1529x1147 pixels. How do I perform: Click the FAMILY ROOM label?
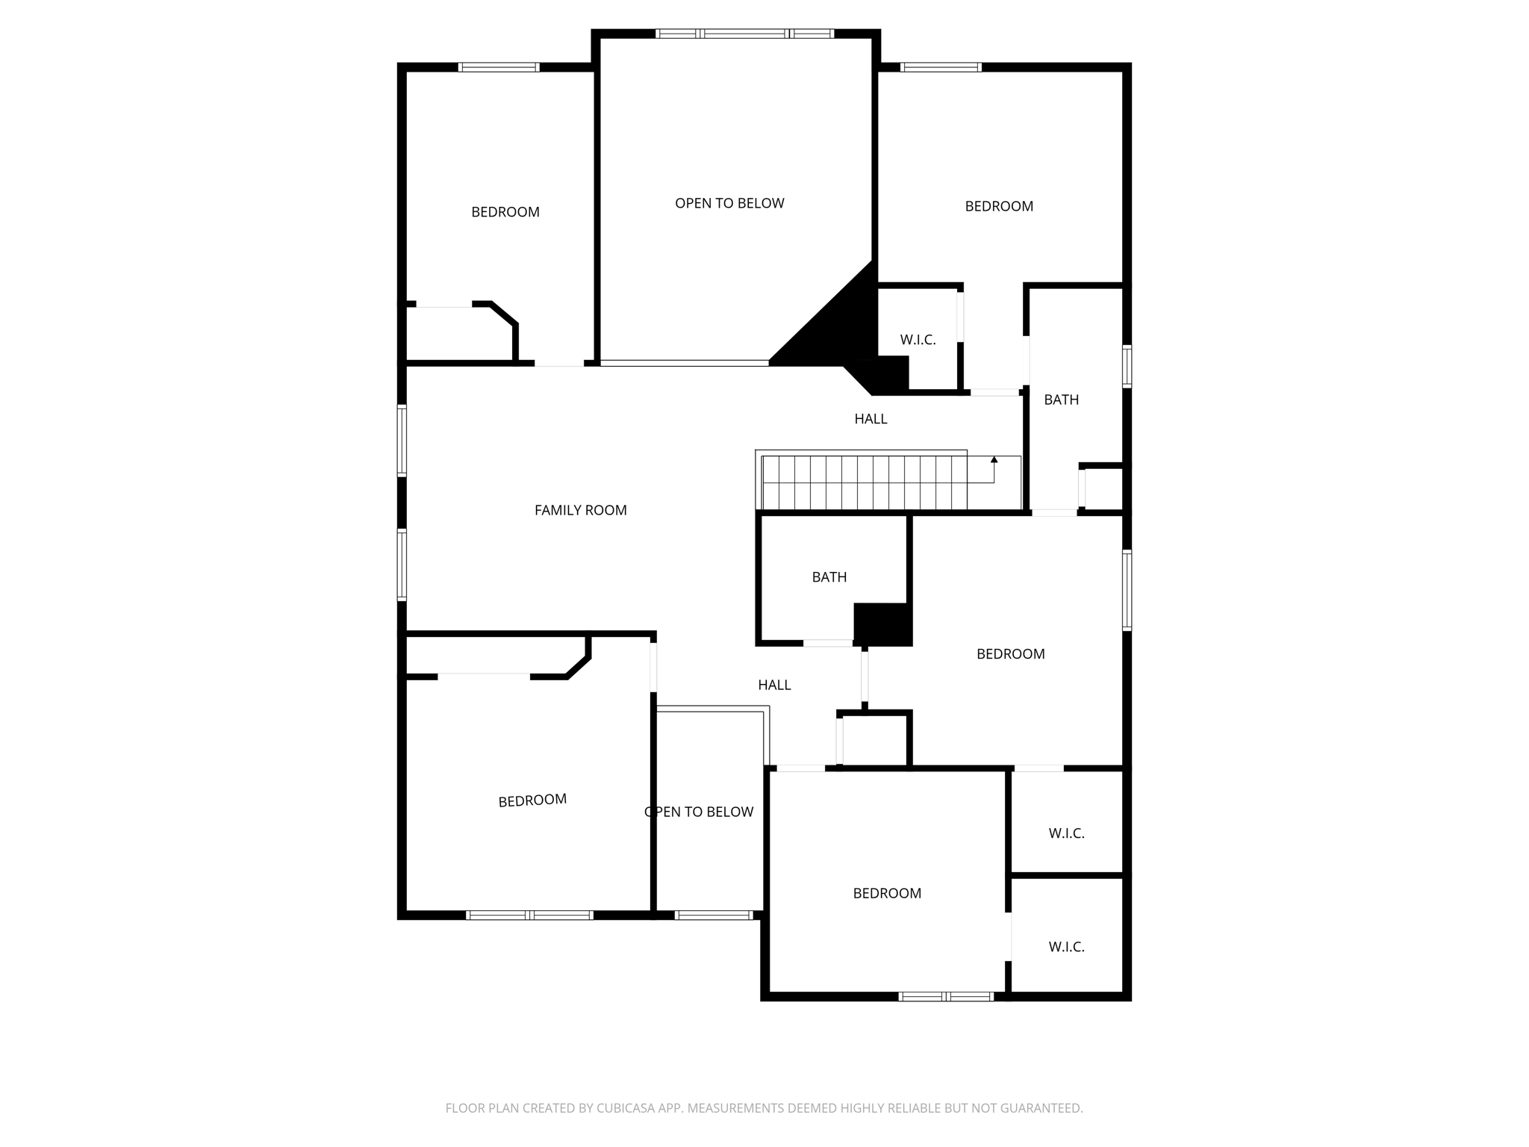click(x=580, y=510)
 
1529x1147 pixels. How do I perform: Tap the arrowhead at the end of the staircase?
click(x=994, y=460)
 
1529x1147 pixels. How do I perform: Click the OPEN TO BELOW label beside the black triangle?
click(x=729, y=203)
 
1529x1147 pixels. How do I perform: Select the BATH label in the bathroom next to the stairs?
click(x=1061, y=400)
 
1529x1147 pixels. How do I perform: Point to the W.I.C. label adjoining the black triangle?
click(x=918, y=340)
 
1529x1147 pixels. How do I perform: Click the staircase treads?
click(x=864, y=482)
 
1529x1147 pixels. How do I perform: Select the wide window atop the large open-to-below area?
click(x=744, y=34)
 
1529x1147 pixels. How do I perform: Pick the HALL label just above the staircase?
click(x=871, y=419)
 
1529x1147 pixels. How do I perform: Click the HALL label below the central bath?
click(x=774, y=685)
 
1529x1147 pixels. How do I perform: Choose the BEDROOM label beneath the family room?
click(x=532, y=801)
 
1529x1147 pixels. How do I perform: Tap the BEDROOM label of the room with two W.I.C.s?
click(x=887, y=893)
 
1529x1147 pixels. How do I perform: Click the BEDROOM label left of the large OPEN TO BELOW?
click(x=505, y=212)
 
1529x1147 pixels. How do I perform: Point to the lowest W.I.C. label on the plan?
click(x=1066, y=947)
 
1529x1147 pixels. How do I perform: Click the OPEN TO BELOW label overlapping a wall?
click(x=699, y=812)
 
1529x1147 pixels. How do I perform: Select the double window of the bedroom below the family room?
click(x=529, y=915)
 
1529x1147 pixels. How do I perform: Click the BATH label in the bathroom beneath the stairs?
click(x=829, y=577)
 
